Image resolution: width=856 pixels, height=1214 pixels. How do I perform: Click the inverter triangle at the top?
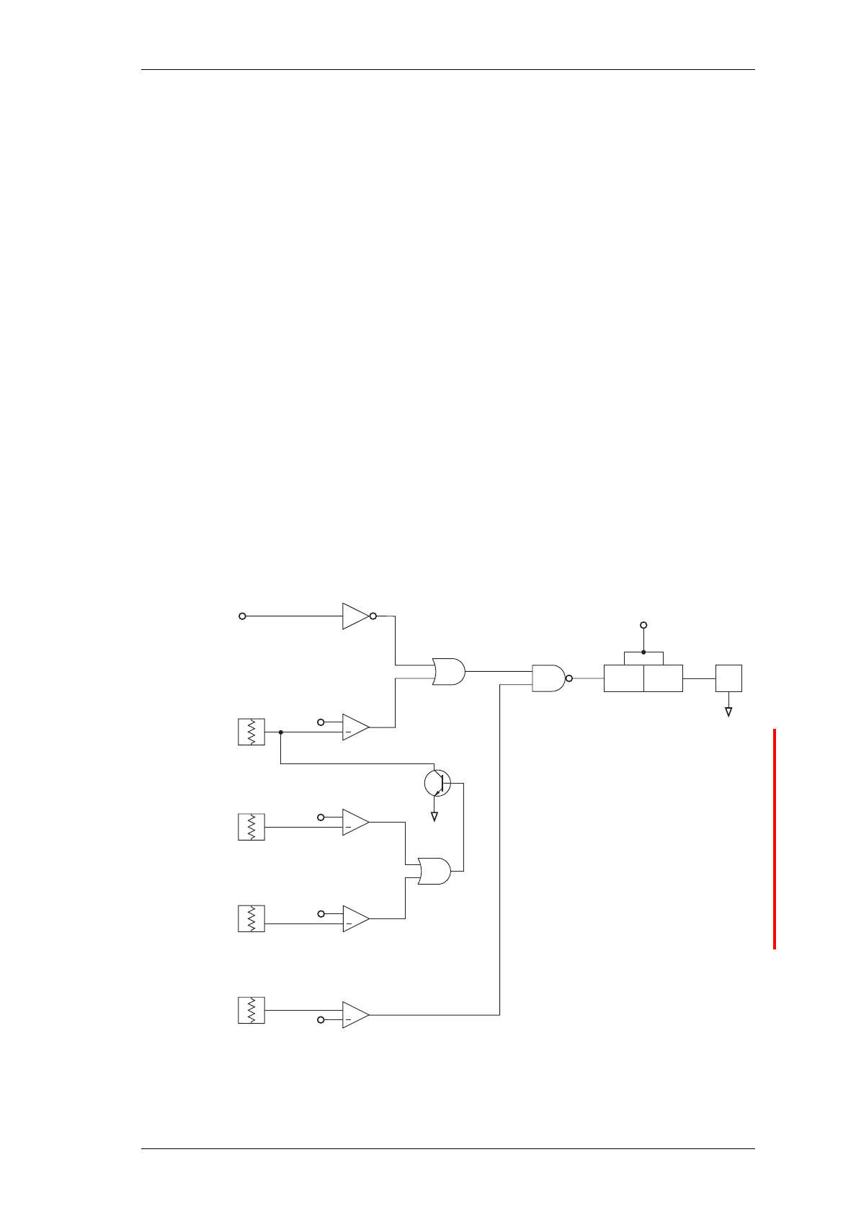tap(355, 616)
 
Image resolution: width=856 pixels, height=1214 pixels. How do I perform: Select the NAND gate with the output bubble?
tap(549, 678)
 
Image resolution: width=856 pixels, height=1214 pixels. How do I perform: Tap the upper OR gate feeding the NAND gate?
tap(448, 671)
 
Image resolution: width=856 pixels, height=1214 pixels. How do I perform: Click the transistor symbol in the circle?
tap(437, 783)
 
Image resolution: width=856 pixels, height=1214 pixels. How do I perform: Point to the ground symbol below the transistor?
tap(434, 816)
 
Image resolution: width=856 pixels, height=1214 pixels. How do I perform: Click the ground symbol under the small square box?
tap(728, 712)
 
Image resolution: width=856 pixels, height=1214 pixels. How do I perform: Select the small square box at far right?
tap(728, 678)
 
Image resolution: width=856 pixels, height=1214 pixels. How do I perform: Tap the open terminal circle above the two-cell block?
tap(643, 625)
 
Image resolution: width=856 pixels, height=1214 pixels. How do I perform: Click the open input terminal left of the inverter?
tap(243, 616)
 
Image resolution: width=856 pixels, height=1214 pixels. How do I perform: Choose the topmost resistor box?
tap(251, 732)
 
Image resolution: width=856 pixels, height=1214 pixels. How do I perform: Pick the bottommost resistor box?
tap(251, 1010)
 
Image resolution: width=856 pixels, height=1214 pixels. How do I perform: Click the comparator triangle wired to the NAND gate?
tap(355, 1014)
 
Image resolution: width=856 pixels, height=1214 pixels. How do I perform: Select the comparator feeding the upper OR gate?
tap(355, 727)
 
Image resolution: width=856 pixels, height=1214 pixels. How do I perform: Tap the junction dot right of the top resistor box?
tap(280, 732)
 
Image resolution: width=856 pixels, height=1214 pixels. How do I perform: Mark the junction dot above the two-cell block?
tap(643, 652)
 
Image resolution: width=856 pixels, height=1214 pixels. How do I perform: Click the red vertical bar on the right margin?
tap(775, 839)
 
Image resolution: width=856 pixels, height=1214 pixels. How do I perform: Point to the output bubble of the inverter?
tap(373, 616)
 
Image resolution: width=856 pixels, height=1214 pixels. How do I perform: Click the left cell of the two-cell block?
tap(623, 678)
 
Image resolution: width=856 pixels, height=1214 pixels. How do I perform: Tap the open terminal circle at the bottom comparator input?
tap(321, 1019)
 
